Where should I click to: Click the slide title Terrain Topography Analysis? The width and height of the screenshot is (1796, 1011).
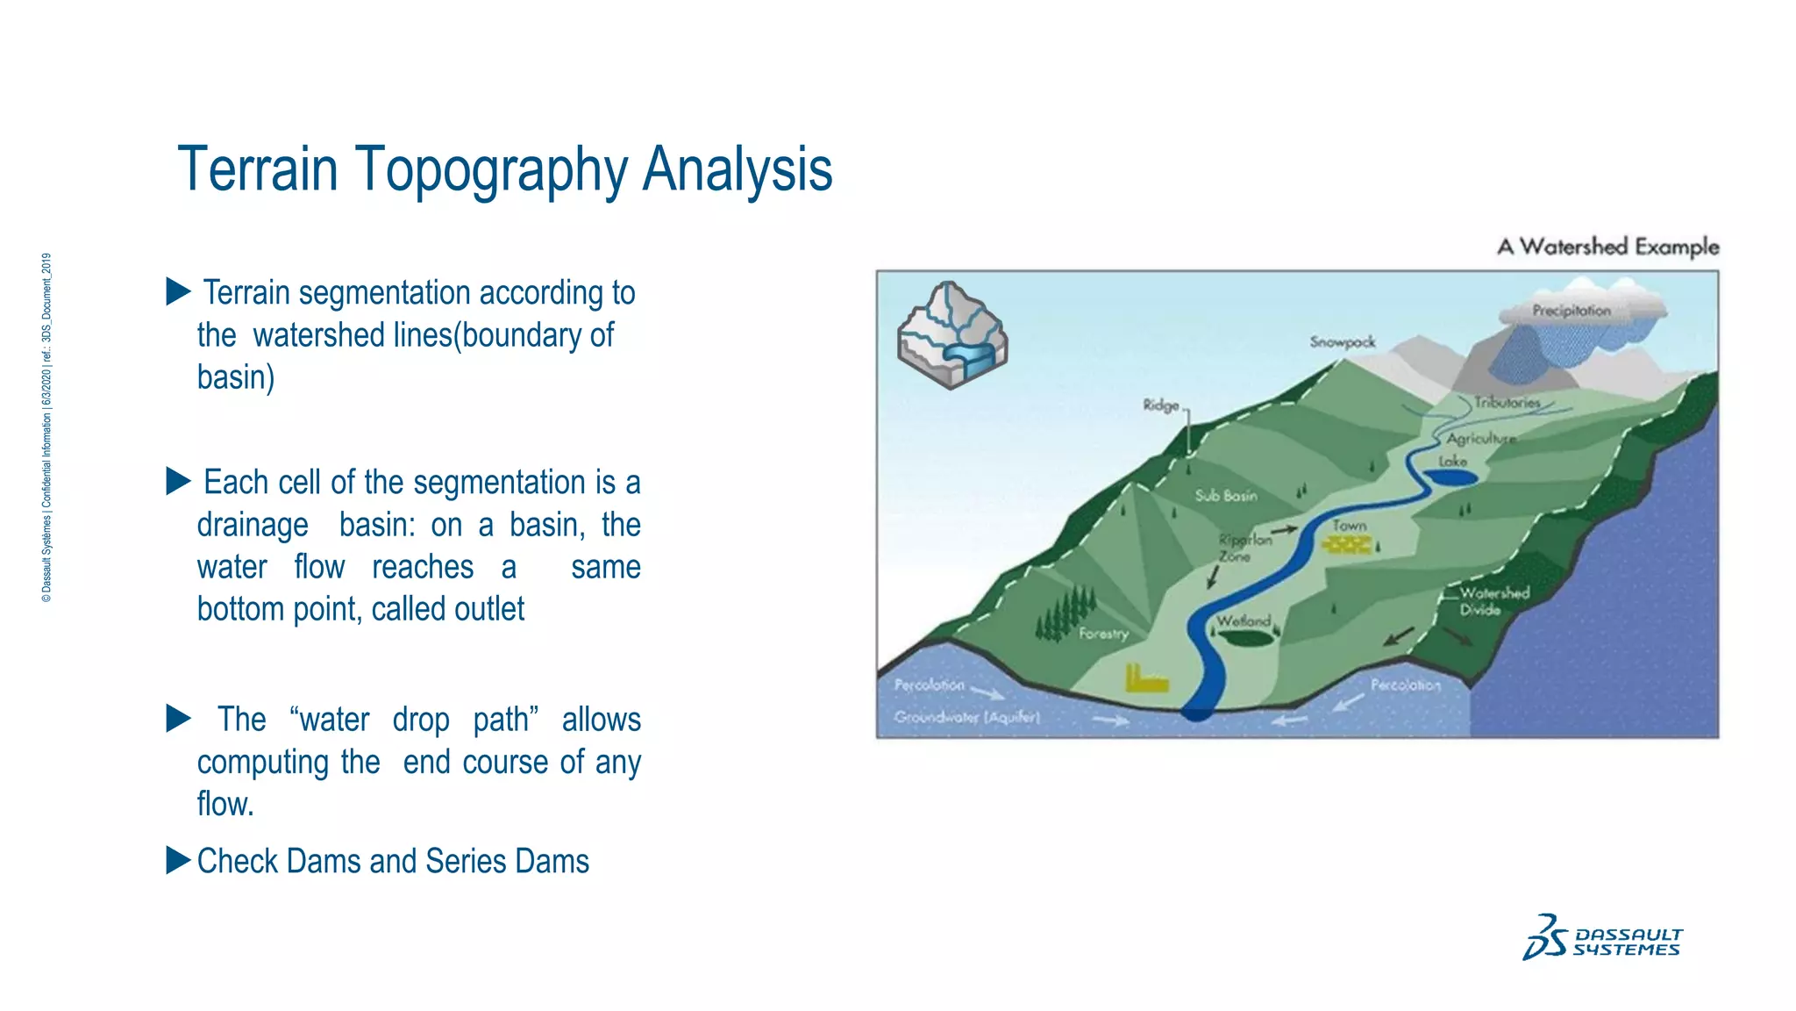[504, 169]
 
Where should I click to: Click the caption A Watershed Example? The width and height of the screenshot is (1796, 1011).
[1607, 247]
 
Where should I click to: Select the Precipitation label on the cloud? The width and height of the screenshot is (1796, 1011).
[1571, 311]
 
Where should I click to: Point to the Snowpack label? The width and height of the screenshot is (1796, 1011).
[1342, 342]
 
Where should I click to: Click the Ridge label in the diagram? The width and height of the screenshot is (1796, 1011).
[1160, 405]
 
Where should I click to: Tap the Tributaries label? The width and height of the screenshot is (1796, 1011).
[1507, 403]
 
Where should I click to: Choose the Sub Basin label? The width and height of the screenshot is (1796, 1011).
[1225, 496]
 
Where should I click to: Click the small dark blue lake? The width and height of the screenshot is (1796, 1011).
[1449, 477]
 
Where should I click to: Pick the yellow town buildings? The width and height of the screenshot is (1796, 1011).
[1347, 545]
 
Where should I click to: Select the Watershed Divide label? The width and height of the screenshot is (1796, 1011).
[1493, 601]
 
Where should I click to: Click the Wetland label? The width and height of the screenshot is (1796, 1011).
[1243, 621]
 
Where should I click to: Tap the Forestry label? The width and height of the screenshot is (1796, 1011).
[1102, 633]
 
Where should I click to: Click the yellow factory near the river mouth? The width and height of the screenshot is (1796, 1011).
[1145, 678]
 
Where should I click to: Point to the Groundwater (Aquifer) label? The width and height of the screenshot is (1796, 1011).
[966, 717]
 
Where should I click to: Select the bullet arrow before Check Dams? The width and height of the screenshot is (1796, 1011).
[178, 861]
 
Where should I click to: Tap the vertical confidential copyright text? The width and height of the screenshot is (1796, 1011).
[47, 427]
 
